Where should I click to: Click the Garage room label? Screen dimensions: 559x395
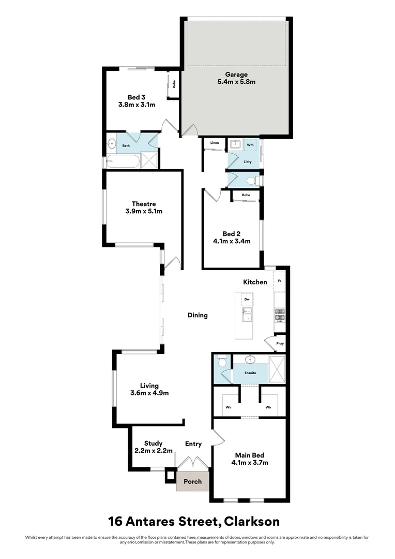(236, 75)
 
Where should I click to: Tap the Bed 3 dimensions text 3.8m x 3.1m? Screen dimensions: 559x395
(136, 105)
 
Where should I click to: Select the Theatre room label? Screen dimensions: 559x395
(144, 204)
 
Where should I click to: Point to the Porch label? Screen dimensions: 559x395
(193, 481)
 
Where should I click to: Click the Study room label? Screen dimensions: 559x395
(154, 443)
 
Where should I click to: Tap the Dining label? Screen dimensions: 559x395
(197, 315)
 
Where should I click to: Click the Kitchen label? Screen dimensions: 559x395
(255, 282)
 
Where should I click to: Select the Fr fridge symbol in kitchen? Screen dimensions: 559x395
(279, 281)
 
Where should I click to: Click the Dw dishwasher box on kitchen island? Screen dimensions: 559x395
(247, 299)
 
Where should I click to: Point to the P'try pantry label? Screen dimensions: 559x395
(280, 344)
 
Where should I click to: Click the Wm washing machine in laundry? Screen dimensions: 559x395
(250, 145)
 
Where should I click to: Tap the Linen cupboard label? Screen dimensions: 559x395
(214, 143)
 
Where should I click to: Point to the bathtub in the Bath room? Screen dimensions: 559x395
(124, 161)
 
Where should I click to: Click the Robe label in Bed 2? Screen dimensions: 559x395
(246, 195)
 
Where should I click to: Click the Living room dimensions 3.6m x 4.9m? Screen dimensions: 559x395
(149, 393)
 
